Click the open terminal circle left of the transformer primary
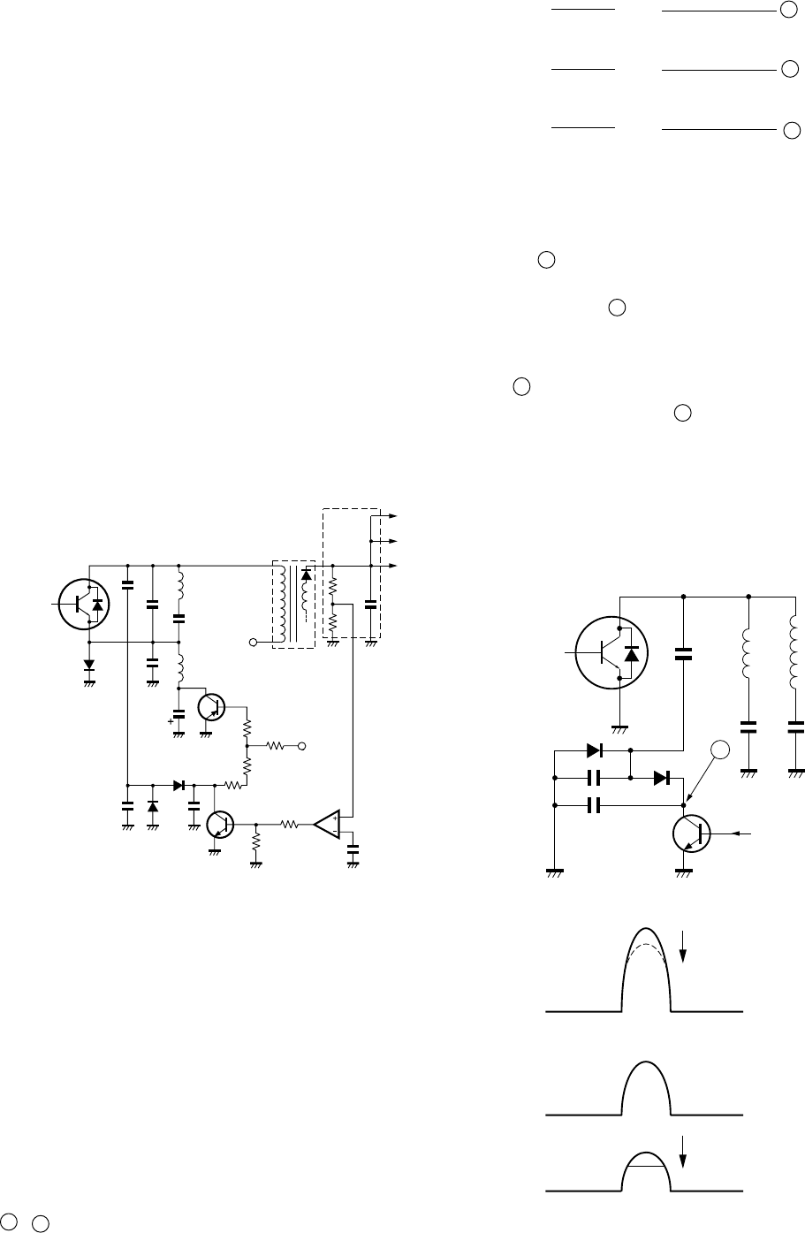pos(253,642)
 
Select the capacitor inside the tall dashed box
pos(370,605)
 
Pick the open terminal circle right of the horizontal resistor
pos(302,746)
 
